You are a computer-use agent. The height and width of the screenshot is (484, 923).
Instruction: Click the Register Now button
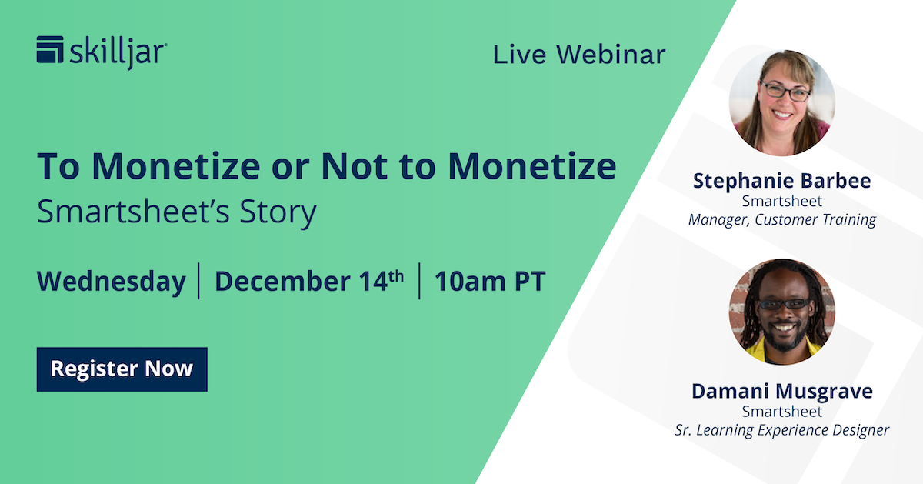click(x=122, y=369)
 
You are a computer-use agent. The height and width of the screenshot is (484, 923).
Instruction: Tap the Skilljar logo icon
click(x=50, y=50)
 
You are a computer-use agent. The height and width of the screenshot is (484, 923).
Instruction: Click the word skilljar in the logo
click(x=118, y=52)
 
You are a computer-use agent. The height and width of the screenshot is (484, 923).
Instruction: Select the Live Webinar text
click(x=579, y=55)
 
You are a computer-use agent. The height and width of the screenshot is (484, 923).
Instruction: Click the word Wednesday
click(x=111, y=282)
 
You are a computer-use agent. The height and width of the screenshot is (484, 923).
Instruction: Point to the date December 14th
click(x=308, y=282)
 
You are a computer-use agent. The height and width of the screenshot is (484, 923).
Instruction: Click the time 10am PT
click(x=490, y=282)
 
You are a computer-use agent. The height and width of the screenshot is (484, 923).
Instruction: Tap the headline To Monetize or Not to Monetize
click(x=326, y=166)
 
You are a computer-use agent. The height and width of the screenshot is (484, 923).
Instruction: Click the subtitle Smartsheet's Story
click(x=176, y=212)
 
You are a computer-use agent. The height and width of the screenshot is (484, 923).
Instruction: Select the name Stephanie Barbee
click(x=781, y=181)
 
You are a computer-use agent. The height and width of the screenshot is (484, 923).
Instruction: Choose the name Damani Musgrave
click(x=781, y=391)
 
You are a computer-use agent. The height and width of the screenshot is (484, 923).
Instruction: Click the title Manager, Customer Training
click(x=781, y=220)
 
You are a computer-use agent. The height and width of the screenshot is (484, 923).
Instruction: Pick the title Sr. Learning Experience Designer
click(x=781, y=430)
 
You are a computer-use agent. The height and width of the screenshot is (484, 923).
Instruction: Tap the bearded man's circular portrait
click(x=781, y=311)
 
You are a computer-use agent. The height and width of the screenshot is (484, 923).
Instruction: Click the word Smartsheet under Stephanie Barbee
click(x=781, y=202)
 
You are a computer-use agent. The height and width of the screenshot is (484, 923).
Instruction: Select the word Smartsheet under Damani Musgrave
click(x=781, y=412)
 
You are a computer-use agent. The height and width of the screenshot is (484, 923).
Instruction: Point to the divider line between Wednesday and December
click(x=199, y=281)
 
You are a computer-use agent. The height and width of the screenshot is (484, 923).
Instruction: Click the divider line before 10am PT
click(x=419, y=281)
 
